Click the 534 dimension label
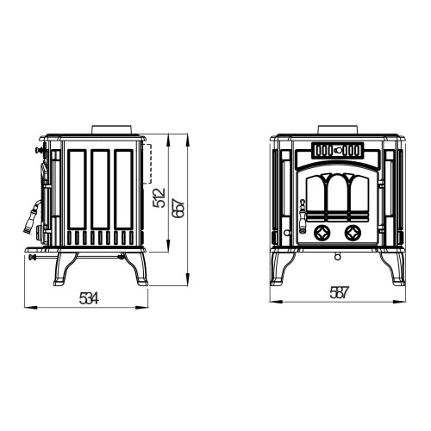[x=89, y=298]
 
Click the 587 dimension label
[x=339, y=293]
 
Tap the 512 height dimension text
[x=159, y=197]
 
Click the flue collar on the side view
[x=112, y=129]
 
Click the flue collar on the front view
[x=338, y=129]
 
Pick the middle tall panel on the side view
[x=100, y=190]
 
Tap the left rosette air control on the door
[x=321, y=233]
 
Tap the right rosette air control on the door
[x=353, y=233]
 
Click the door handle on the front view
[x=302, y=215]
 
